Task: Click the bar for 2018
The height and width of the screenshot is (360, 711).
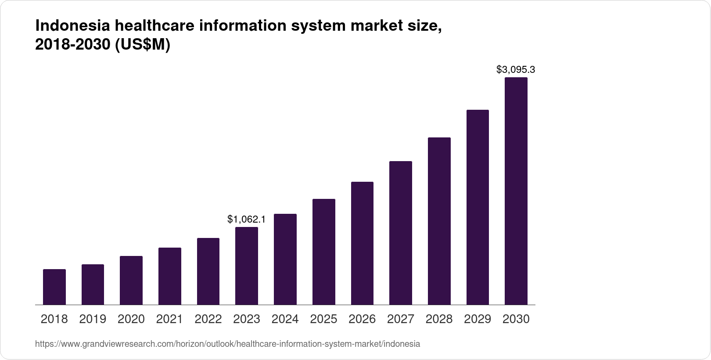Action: [x=54, y=287]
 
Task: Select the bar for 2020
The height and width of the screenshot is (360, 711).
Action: [x=131, y=281]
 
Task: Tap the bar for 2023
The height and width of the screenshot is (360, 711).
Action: [x=247, y=266]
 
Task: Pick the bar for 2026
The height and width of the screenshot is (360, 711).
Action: [x=362, y=243]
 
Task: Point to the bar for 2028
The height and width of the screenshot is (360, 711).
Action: [x=439, y=221]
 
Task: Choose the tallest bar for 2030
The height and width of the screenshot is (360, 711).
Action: [x=516, y=191]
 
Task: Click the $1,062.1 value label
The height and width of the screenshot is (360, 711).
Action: [x=246, y=219]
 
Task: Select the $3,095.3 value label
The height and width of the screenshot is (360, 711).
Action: [x=516, y=69]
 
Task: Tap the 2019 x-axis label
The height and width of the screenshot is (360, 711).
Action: [x=93, y=319]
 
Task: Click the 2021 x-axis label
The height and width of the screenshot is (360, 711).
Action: [x=169, y=319]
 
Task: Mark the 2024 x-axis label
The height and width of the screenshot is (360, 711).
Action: [x=285, y=319]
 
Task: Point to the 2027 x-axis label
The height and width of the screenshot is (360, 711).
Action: [x=401, y=319]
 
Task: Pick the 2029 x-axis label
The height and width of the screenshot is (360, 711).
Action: [x=478, y=319]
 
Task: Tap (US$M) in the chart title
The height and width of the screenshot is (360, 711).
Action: [x=142, y=45]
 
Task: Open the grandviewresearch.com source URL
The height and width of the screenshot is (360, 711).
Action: [x=227, y=344]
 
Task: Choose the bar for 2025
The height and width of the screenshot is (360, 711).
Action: [x=324, y=252]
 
